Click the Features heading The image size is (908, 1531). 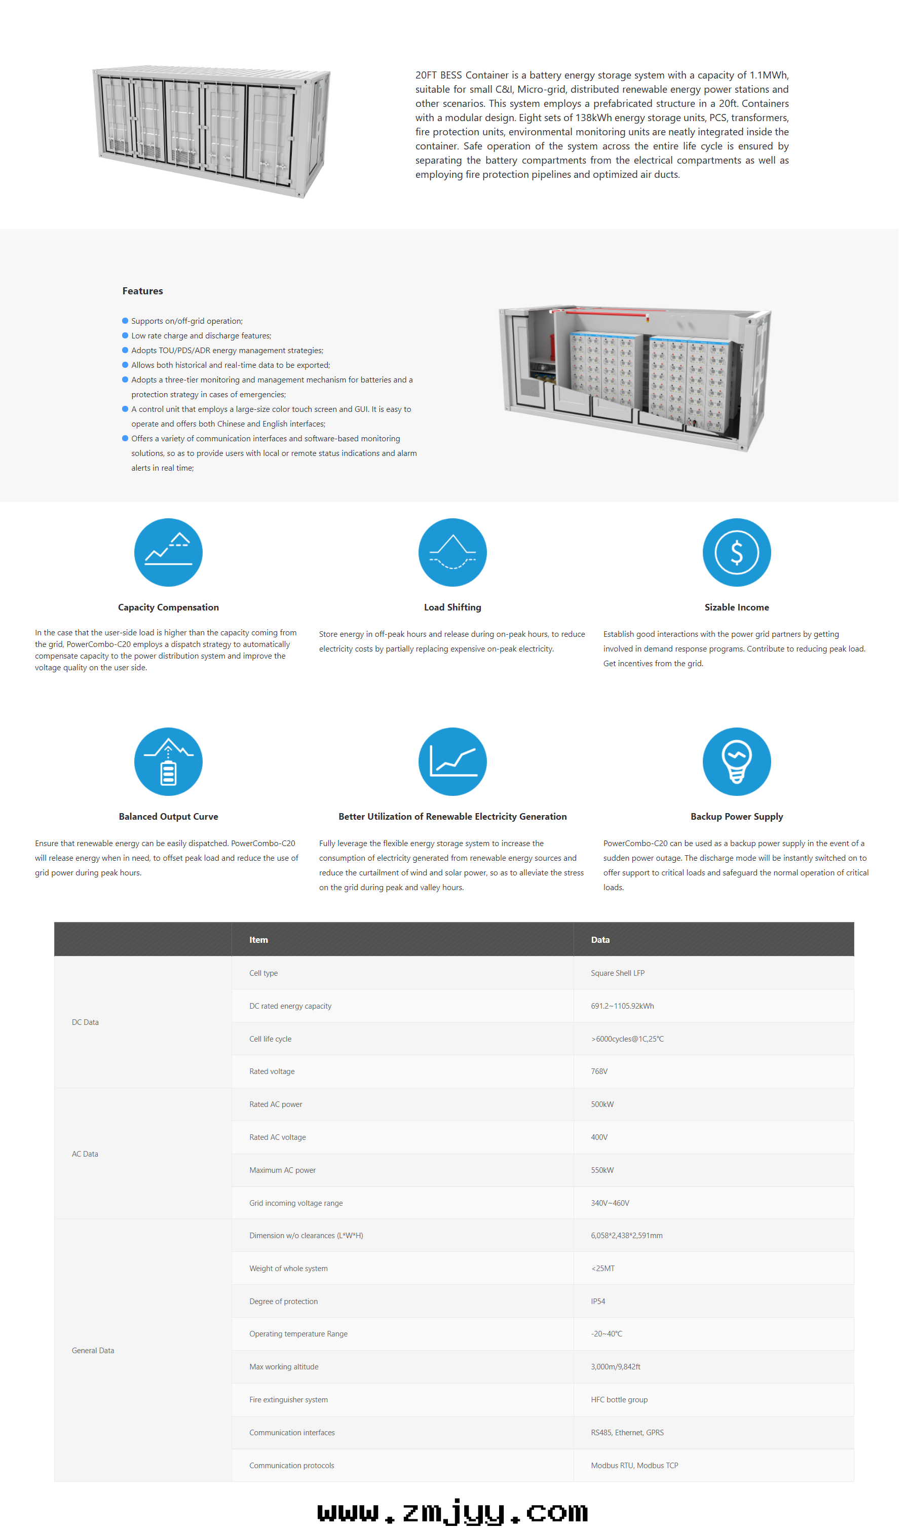142,291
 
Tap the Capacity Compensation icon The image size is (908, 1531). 168,552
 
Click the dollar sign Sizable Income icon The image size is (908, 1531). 736,552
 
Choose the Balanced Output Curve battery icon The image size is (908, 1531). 168,761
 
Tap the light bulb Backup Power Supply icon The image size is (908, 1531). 736,761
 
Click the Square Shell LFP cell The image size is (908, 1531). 617,973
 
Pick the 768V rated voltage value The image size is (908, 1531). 599,1071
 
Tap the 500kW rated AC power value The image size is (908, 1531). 602,1104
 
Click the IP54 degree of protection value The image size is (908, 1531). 598,1302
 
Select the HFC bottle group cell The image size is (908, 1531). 619,1400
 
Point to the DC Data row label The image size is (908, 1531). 85,1023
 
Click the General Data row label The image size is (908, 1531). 93,1351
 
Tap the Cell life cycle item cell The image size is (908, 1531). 271,1039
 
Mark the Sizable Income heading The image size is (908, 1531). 736,607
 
